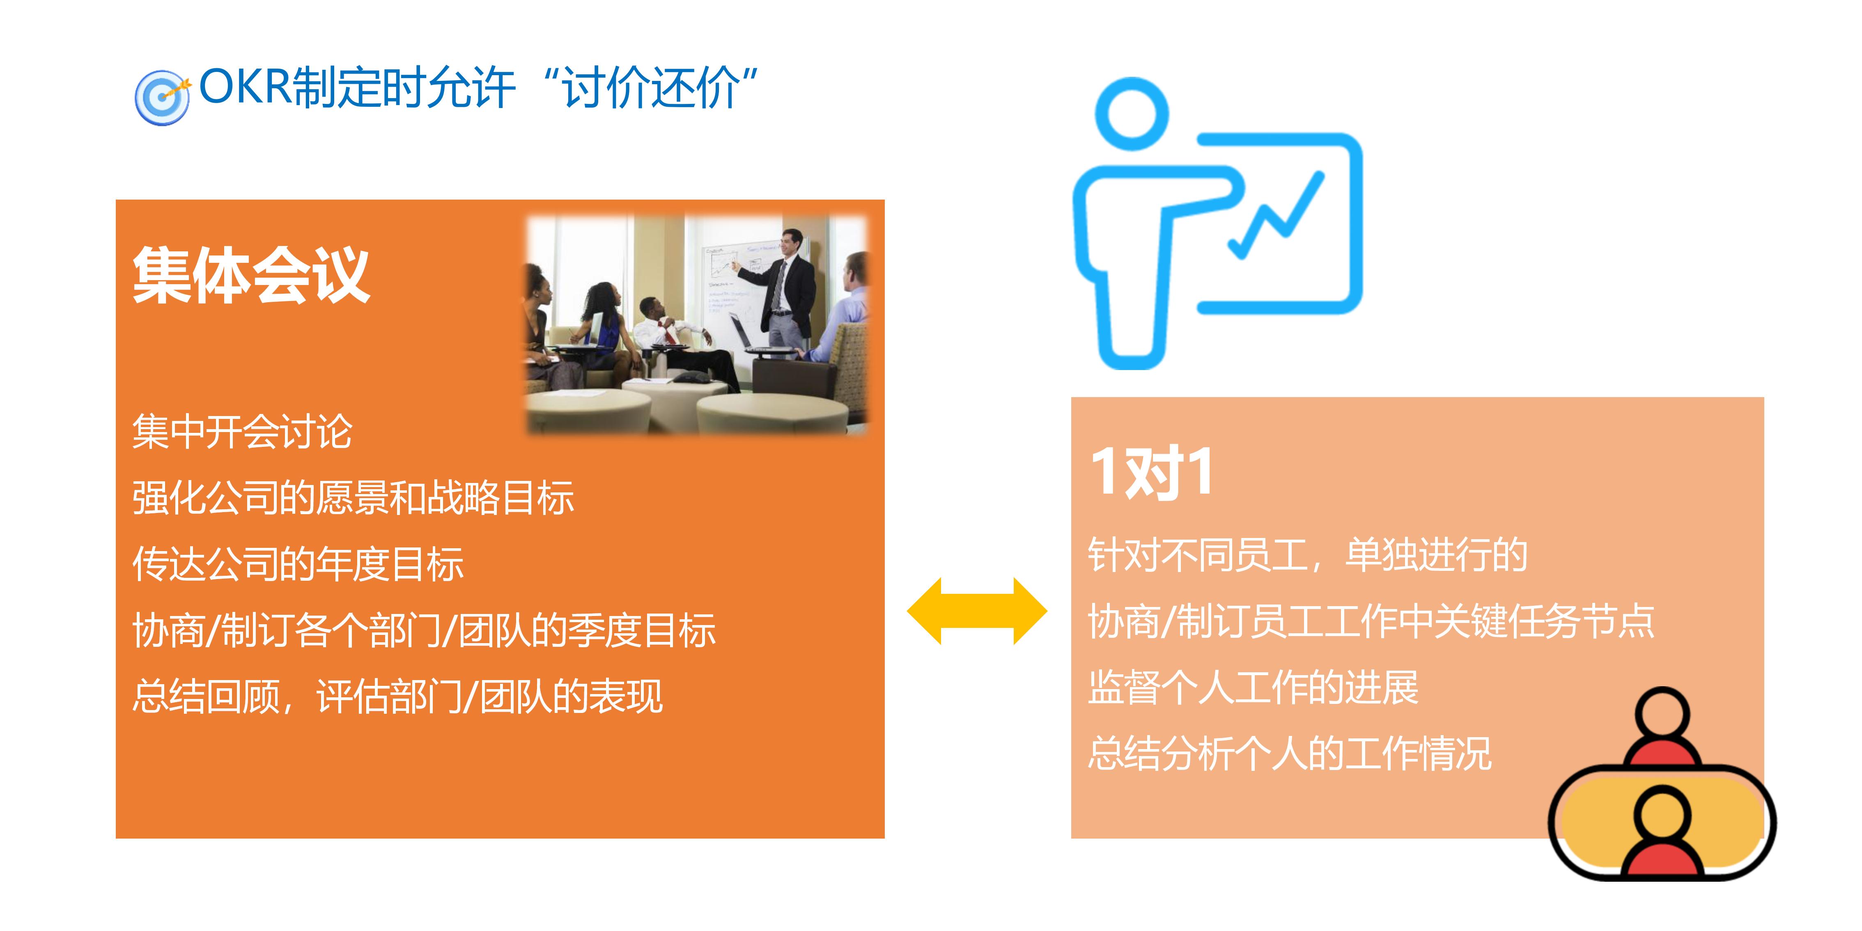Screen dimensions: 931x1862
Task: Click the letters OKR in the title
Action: (x=244, y=87)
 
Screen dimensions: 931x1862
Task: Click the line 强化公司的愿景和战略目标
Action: (x=353, y=498)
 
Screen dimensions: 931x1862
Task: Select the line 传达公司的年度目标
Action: (x=298, y=564)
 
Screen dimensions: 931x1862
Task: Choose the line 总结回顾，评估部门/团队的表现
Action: (x=397, y=696)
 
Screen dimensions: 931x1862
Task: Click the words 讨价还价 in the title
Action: (x=650, y=88)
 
